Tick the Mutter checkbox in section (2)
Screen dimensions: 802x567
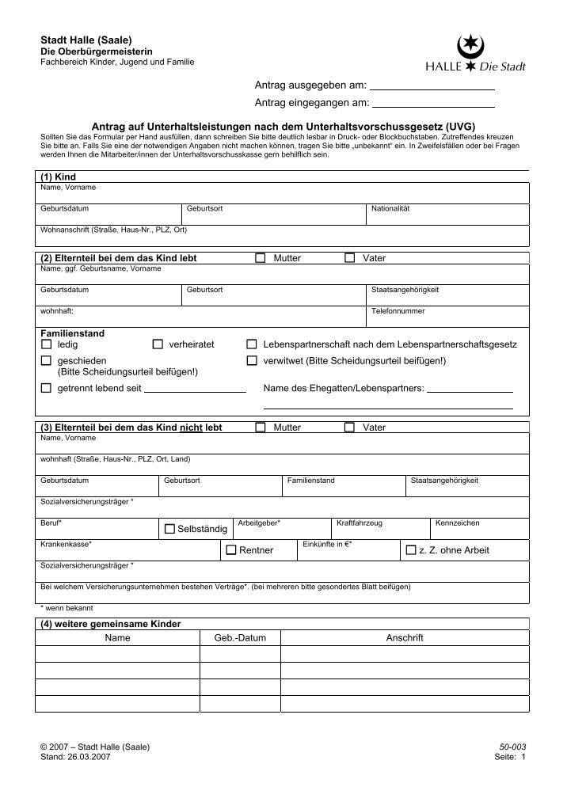pyautogui.click(x=260, y=259)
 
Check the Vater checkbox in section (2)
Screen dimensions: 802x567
pyautogui.click(x=349, y=259)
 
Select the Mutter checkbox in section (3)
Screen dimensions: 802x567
pyautogui.click(x=260, y=428)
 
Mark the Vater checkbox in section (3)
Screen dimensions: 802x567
pyautogui.click(x=349, y=428)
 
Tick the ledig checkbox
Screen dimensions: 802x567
pyautogui.click(x=45, y=345)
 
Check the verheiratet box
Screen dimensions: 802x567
pyautogui.click(x=157, y=345)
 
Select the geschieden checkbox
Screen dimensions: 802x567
pyautogui.click(x=45, y=361)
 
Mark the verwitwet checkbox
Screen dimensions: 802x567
pyautogui.click(x=252, y=361)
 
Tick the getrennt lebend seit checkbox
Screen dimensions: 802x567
pyautogui.click(x=45, y=388)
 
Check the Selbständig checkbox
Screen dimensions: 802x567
pyautogui.click(x=169, y=528)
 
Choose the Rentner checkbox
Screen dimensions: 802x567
pyautogui.click(x=230, y=549)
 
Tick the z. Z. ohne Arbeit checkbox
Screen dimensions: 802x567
pyautogui.click(x=410, y=549)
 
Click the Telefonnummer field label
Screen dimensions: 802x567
pyautogui.click(x=398, y=311)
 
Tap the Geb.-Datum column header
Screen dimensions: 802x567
pyautogui.click(x=240, y=637)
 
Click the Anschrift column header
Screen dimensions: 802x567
pyautogui.click(x=405, y=637)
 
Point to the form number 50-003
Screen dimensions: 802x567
pyautogui.click(x=512, y=747)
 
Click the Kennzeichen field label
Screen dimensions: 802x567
pyautogui.click(x=458, y=523)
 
